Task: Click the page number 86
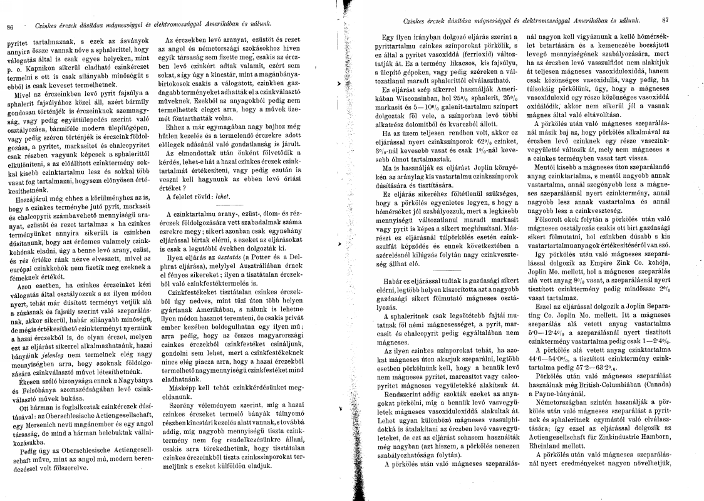click(9, 26)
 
